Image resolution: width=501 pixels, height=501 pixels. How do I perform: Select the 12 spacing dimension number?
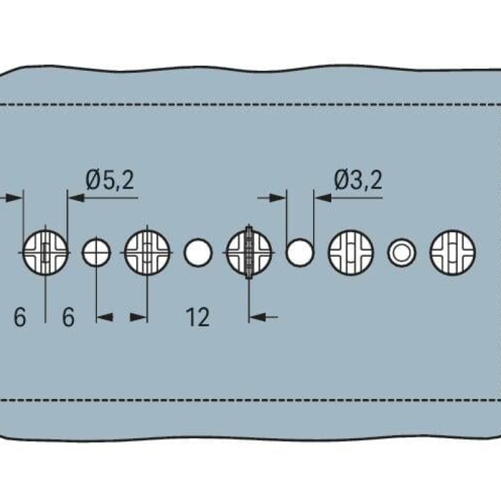tap(197, 318)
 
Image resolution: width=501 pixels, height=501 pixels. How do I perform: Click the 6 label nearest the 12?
tap(68, 318)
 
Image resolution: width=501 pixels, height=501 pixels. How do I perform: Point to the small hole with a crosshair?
tap(96, 253)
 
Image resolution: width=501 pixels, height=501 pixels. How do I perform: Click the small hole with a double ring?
tap(401, 253)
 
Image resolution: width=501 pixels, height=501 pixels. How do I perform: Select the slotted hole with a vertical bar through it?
tap(249, 252)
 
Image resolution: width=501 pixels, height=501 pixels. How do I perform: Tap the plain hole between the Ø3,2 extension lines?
tap(300, 252)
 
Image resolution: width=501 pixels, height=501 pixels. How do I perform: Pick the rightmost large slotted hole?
tap(452, 253)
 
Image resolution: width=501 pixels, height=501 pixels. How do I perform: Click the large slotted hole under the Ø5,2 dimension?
tap(46, 253)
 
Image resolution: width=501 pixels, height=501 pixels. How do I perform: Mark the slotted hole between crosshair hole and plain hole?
tap(147, 253)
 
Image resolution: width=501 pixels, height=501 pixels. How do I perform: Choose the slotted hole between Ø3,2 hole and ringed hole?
tap(351, 253)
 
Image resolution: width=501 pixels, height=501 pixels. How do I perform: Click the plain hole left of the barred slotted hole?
tap(198, 253)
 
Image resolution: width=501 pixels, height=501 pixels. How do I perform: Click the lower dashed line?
tap(250, 399)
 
